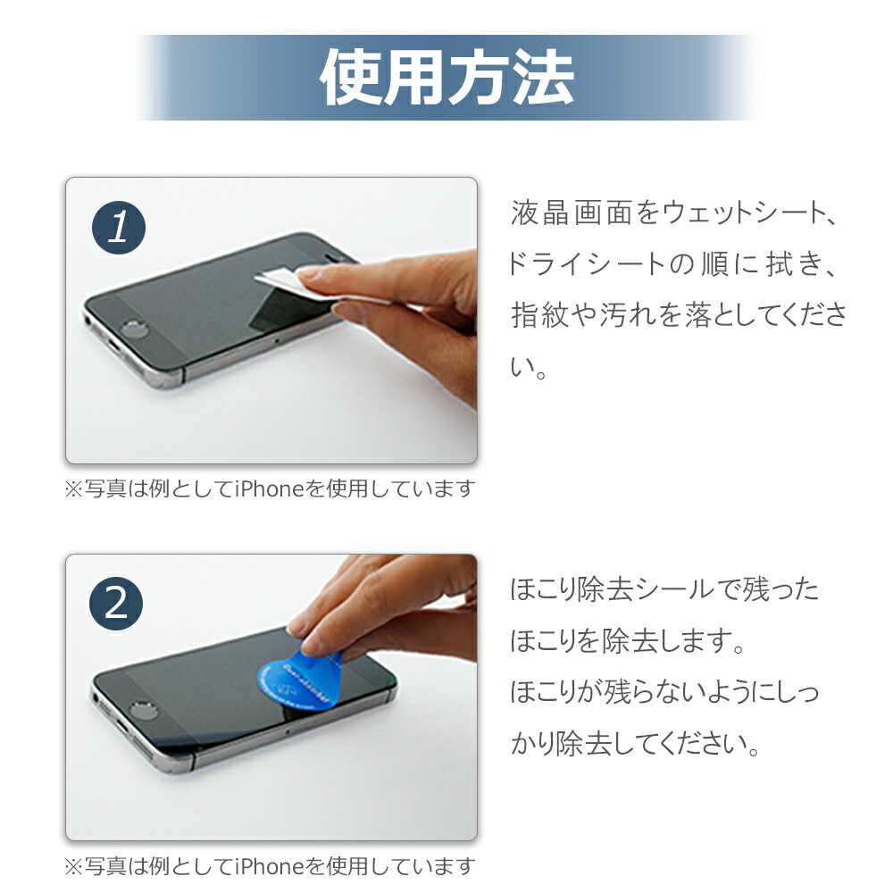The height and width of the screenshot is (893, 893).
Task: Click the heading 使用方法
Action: tap(446, 78)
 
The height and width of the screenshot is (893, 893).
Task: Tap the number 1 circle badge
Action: tap(118, 229)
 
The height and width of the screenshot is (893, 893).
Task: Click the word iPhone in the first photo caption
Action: tap(269, 489)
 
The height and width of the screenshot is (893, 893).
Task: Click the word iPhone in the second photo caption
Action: tap(269, 866)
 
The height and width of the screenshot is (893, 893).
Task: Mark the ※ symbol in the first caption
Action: tap(72, 489)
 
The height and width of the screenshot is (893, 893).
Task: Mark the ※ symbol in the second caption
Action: tap(72, 866)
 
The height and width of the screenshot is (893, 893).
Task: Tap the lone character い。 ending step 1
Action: tap(527, 366)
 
